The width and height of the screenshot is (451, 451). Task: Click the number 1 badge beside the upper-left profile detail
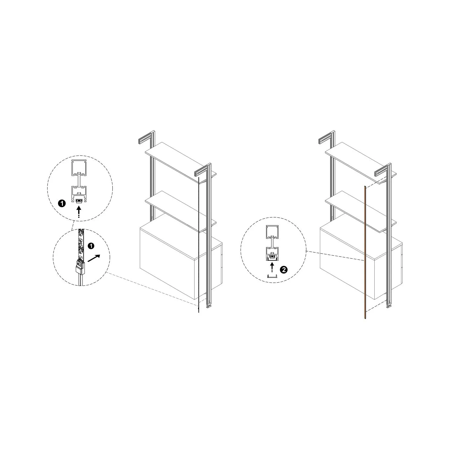click(62, 204)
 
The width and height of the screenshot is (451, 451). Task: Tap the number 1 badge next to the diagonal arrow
click(91, 246)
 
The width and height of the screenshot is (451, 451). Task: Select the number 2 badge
click(283, 269)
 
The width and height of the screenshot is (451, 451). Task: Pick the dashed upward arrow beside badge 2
click(272, 267)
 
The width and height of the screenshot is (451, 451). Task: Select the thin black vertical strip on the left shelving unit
click(199, 245)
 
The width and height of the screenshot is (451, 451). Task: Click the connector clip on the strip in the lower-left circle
click(80, 267)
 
